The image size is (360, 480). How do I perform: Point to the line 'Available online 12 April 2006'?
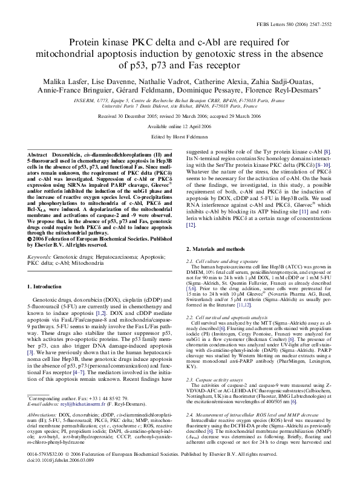(180, 126)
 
